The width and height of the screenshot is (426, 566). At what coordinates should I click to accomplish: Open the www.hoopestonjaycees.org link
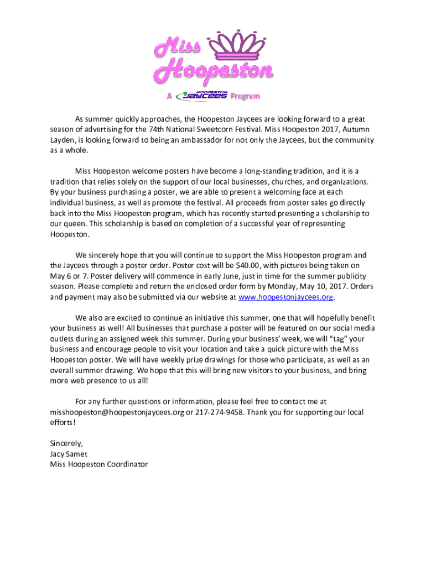coord(286,297)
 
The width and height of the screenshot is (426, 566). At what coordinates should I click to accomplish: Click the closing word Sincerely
coord(66,443)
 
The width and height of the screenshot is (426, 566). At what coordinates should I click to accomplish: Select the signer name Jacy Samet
coord(69,454)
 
